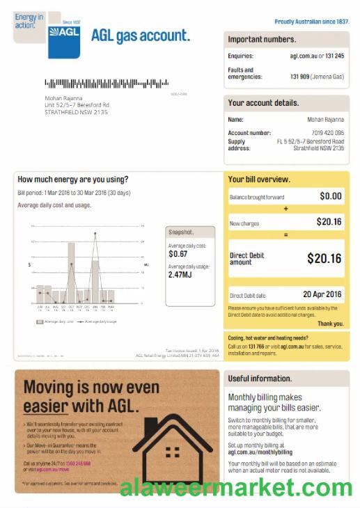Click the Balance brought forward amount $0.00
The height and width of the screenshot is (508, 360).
click(x=330, y=197)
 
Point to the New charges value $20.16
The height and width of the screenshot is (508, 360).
click(x=329, y=222)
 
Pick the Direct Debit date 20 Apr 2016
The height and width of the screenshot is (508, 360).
click(x=322, y=294)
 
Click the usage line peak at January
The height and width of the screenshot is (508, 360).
click(x=95, y=233)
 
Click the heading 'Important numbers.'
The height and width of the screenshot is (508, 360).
click(x=262, y=40)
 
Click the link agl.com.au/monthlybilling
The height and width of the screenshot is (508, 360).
click(x=260, y=452)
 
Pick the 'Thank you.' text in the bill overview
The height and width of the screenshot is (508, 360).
click(x=330, y=324)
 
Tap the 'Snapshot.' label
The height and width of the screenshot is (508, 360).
click(x=180, y=232)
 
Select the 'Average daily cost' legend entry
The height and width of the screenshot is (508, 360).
click(x=56, y=322)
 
